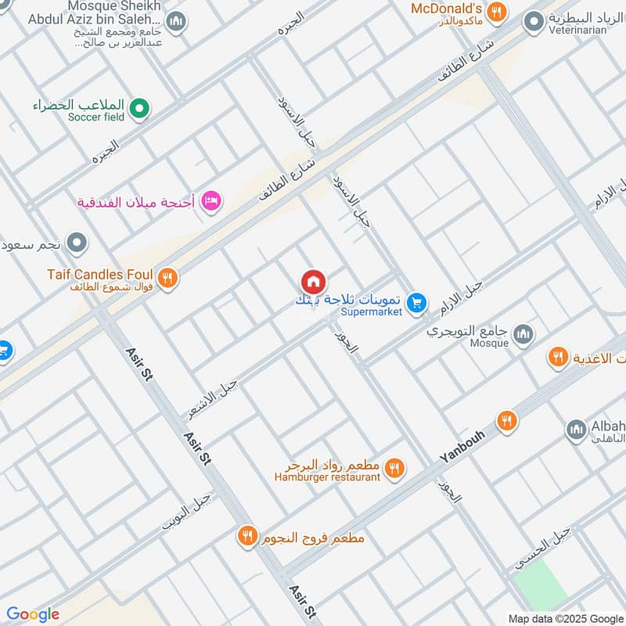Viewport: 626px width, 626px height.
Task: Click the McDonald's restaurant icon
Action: coord(495,12)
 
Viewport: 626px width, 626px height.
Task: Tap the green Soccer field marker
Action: coord(139,109)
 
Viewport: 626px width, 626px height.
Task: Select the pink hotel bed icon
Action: coord(211,202)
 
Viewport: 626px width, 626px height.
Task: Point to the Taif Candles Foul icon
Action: coord(167,277)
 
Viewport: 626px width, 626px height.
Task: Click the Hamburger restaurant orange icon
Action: coord(394,469)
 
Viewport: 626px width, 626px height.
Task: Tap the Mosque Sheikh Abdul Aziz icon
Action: coord(177,21)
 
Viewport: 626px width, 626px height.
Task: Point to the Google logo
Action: coord(33,614)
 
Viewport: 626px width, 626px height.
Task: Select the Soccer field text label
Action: coord(96,117)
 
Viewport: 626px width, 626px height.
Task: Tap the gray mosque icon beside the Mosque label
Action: coord(523,335)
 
